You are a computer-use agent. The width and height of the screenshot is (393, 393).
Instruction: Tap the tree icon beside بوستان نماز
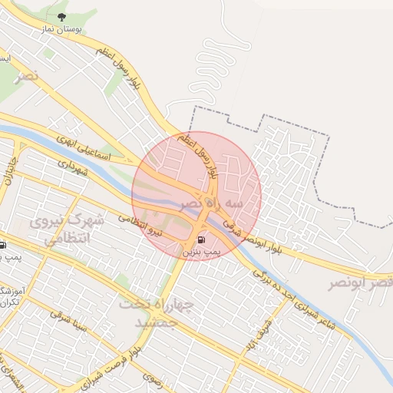(x=62, y=16)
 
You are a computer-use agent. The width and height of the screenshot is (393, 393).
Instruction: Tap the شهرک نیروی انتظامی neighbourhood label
(x=68, y=230)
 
